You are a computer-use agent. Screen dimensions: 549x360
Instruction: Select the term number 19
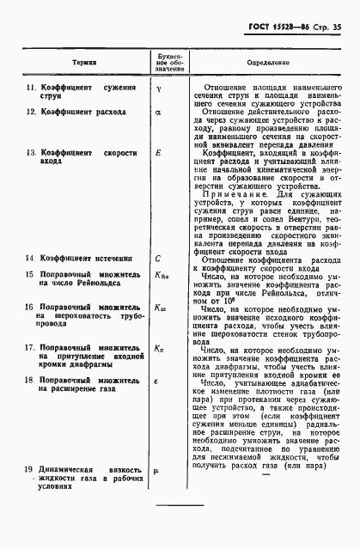coord(28,469)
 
